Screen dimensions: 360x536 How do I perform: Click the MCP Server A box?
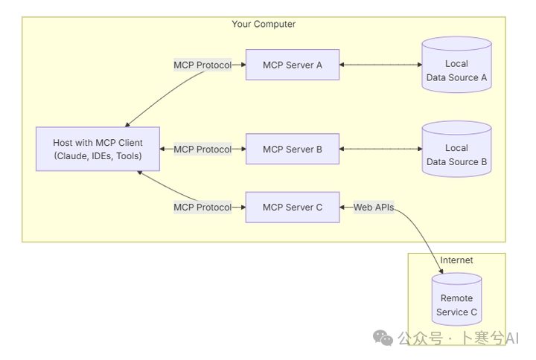[x=293, y=65]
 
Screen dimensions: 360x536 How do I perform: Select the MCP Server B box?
[x=293, y=150]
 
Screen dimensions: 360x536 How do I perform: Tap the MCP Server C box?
[x=293, y=208]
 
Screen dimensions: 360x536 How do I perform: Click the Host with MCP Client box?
[x=98, y=150]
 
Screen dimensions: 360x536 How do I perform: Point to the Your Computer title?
[x=264, y=25]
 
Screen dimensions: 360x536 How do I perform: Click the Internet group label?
[x=456, y=260]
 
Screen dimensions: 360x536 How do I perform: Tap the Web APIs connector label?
[x=373, y=208]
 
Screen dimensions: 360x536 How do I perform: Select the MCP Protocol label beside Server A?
[x=202, y=65]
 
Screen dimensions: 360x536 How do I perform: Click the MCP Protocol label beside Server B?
[x=202, y=150]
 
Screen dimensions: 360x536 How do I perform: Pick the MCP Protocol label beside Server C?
[x=202, y=208]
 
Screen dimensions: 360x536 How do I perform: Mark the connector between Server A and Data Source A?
[x=380, y=65]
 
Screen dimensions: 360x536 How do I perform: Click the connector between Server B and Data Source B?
[x=380, y=150]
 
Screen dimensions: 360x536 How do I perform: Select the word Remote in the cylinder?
[x=456, y=298]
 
